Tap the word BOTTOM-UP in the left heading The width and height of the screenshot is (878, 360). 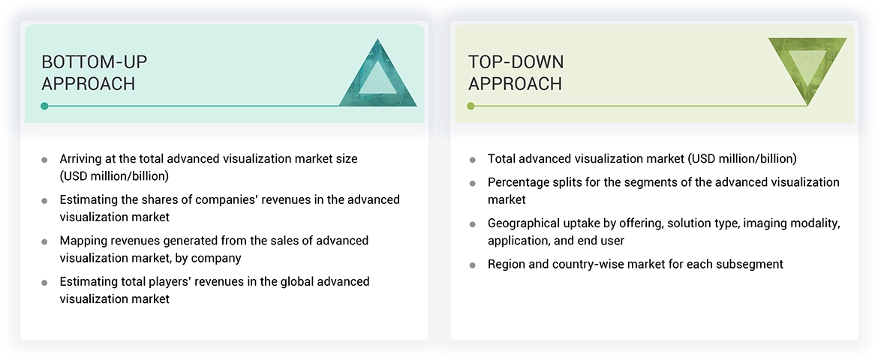point(94,61)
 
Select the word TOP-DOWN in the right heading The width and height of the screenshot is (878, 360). point(516,61)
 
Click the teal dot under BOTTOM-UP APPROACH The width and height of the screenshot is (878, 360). point(45,106)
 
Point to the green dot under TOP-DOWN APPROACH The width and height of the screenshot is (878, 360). point(471,106)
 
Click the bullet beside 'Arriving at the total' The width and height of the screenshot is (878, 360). point(44,160)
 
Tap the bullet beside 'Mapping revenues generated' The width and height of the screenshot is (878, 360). point(44,241)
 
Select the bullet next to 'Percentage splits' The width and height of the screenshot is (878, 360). point(473,183)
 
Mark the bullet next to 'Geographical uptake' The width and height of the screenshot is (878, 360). point(473,224)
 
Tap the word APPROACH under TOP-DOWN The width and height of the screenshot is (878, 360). point(515,84)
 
